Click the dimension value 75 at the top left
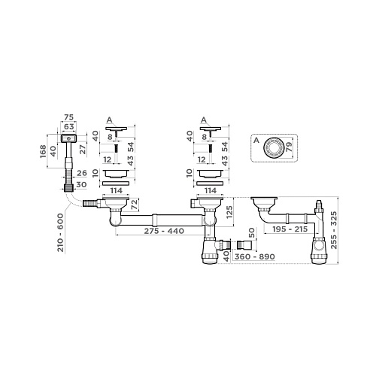tap(69, 117)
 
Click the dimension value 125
tap(228, 217)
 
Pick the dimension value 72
tap(135, 205)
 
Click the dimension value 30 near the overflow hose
tap(81, 185)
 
